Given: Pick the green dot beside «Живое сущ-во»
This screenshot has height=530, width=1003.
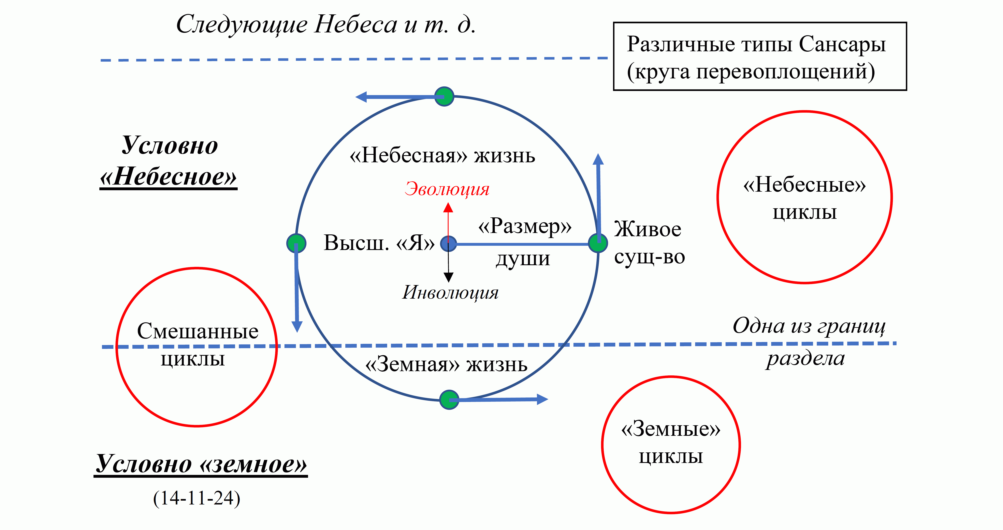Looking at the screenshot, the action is coord(598,243).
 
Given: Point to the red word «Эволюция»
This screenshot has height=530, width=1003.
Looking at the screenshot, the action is coord(447,189).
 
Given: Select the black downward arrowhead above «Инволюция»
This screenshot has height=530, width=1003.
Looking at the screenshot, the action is coord(449,277).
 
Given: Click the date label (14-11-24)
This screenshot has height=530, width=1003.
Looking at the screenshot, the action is coord(197,498).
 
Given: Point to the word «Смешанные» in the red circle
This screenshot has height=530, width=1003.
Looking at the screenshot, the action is coord(198,331).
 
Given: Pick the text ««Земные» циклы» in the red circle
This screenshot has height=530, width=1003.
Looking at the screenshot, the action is coord(671,442).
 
